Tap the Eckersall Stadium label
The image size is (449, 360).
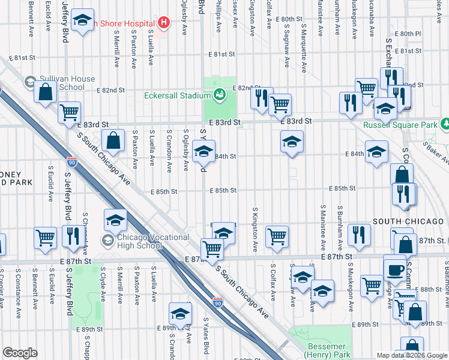(x=177, y=95)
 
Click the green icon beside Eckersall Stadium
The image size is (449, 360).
(x=220, y=94)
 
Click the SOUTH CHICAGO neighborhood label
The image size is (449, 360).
(x=403, y=221)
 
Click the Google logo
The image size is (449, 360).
(x=20, y=353)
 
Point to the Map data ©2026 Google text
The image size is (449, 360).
(x=411, y=355)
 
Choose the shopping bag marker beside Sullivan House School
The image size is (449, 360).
(x=45, y=92)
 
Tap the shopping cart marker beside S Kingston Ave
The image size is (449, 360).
(x=277, y=236)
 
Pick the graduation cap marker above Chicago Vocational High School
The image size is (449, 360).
(x=115, y=220)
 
